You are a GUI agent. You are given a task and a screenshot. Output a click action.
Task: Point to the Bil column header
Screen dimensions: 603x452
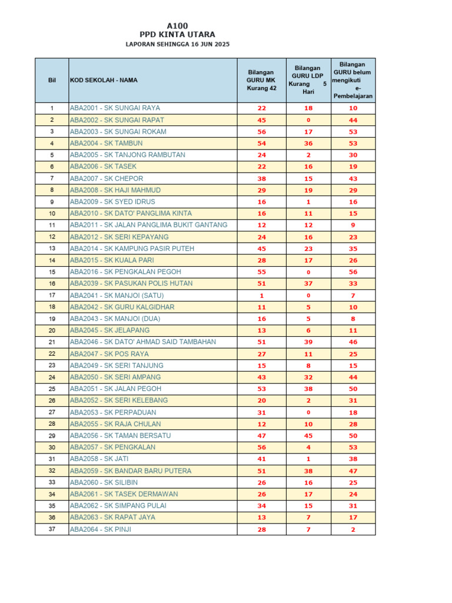pos(52,80)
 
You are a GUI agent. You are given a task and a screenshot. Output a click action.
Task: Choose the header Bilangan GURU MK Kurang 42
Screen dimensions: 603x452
pos(261,80)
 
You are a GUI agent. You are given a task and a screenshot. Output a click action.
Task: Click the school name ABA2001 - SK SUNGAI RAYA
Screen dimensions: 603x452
pos(115,108)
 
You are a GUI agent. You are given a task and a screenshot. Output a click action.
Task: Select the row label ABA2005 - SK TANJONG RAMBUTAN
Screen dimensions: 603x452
pos(127,155)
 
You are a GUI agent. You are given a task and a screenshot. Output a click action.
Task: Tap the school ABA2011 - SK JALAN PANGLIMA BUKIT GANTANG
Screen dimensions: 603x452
pos(148,225)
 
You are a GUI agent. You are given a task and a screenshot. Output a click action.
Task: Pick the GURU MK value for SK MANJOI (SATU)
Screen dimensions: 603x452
pos(261,296)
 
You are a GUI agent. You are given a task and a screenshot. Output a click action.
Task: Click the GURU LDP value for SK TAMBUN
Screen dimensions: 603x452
pos(308,144)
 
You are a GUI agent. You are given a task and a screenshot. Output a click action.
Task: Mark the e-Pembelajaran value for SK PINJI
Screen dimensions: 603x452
pos(353,530)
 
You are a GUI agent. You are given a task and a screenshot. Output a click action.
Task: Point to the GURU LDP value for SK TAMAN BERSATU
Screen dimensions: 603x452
pos(308,436)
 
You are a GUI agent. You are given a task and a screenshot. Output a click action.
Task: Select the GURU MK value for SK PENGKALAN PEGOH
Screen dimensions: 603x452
pos(261,272)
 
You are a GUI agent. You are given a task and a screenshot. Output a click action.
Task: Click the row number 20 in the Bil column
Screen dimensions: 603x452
pos(52,330)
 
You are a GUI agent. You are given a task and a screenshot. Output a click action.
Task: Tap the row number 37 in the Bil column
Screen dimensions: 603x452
pos(52,529)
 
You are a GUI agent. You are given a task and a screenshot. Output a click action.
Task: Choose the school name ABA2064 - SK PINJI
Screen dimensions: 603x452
pos(101,529)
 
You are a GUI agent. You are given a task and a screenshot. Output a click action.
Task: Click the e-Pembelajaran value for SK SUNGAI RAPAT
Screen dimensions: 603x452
pos(353,120)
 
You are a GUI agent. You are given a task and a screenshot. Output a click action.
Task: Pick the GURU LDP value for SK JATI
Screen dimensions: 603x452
pos(308,459)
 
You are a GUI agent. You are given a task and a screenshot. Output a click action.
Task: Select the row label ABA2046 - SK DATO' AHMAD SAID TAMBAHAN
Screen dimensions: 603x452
pos(142,342)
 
